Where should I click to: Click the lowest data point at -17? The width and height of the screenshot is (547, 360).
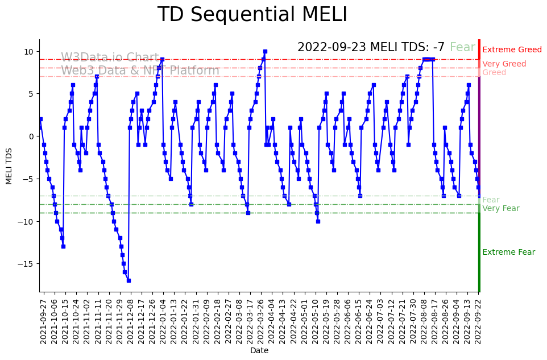[x=129, y=280]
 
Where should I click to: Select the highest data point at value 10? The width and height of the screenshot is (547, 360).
[x=265, y=51]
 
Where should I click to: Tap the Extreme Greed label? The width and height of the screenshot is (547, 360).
[x=512, y=50]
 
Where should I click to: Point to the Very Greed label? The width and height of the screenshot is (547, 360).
[x=504, y=64]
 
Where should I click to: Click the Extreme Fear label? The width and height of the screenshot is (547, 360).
[x=508, y=253]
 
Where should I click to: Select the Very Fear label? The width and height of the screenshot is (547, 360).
[x=500, y=209]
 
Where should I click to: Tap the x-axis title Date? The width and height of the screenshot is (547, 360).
[x=259, y=351]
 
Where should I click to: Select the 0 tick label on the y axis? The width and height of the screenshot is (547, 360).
[x=32, y=136]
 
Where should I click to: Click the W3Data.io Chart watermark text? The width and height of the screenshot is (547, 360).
[x=110, y=57]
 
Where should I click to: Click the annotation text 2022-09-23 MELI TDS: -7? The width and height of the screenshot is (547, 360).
[x=371, y=48]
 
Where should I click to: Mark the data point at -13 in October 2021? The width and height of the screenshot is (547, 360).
[x=63, y=246]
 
